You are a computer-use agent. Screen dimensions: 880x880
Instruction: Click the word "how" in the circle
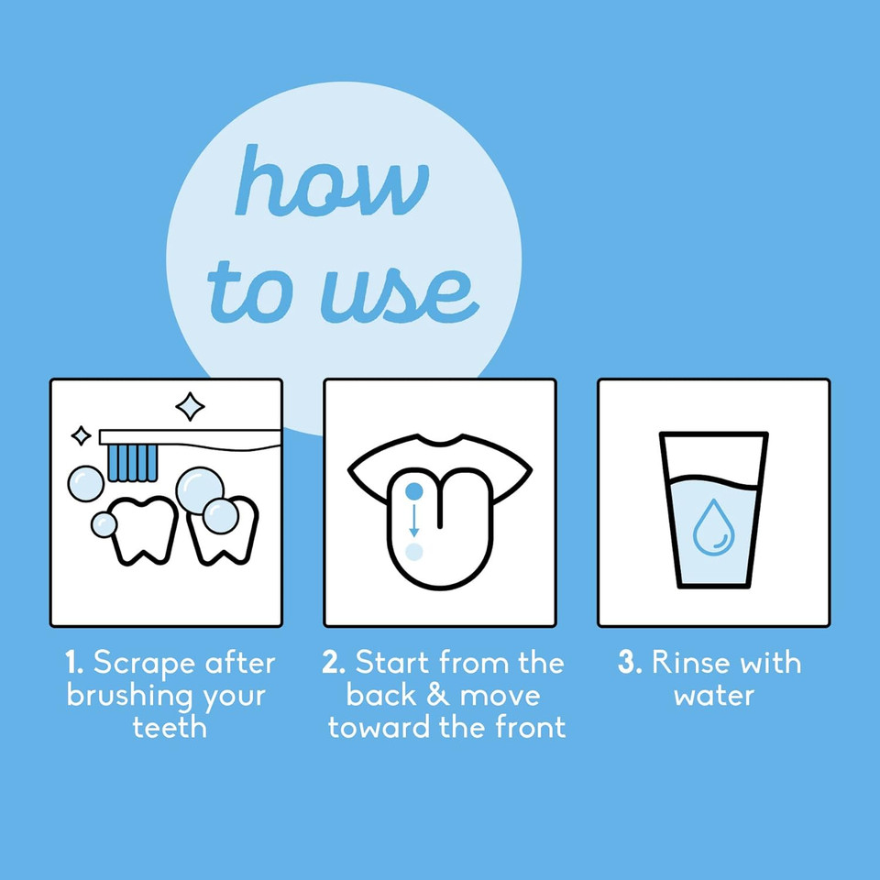pyautogui.click(x=332, y=181)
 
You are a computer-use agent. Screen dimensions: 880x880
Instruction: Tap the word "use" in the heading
pyautogui.click(x=400, y=294)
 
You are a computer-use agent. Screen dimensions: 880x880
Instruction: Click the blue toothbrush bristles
pyautogui.click(x=132, y=463)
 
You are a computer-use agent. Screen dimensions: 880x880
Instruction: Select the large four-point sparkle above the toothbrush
pyautogui.click(x=190, y=406)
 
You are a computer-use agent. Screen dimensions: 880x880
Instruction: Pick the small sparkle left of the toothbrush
pyautogui.click(x=81, y=435)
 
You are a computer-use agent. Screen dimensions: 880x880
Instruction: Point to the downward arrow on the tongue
pyautogui.click(x=413, y=521)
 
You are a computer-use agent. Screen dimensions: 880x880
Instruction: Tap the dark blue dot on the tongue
pyautogui.click(x=413, y=491)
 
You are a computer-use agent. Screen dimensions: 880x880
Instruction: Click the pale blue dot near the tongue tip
pyautogui.click(x=413, y=552)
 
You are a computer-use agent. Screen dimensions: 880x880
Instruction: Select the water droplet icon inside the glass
pyautogui.click(x=713, y=528)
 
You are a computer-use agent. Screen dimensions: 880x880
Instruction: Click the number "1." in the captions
pyautogui.click(x=74, y=662)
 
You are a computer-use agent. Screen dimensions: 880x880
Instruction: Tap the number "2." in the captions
pyautogui.click(x=334, y=662)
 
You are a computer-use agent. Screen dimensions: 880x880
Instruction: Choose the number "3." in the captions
pyautogui.click(x=630, y=662)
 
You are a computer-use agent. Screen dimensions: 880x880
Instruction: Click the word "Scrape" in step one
pyautogui.click(x=145, y=664)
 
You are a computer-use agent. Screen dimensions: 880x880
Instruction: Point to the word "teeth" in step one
pyautogui.click(x=170, y=727)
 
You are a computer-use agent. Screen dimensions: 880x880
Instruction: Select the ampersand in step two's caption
pyautogui.click(x=438, y=695)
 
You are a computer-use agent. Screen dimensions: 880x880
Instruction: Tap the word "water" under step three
pyautogui.click(x=714, y=696)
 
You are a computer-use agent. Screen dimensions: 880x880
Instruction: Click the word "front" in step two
pyautogui.click(x=531, y=727)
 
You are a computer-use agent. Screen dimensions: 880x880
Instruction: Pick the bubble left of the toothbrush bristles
pyautogui.click(x=86, y=483)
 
